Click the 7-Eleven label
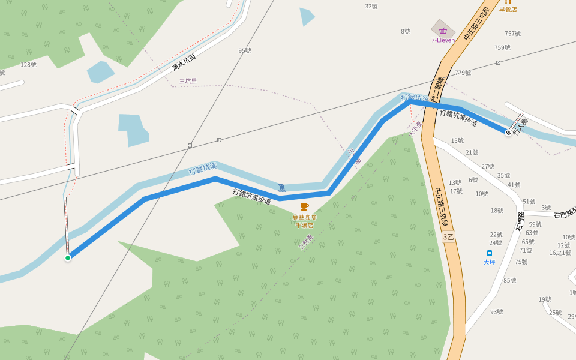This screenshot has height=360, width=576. click(x=443, y=40)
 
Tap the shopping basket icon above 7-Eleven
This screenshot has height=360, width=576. click(x=443, y=30)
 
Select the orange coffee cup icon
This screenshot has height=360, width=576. click(x=304, y=206)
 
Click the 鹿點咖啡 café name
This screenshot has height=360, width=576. click(x=304, y=217)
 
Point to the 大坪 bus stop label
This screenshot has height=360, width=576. click(x=490, y=262)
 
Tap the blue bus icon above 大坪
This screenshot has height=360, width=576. click(x=490, y=253)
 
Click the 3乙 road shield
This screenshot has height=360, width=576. click(x=448, y=237)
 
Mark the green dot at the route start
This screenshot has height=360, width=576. click(x=68, y=258)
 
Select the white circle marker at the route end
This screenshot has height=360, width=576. click(x=508, y=133)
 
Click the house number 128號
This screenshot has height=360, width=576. click(x=29, y=65)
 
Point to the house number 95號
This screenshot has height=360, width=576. click(x=244, y=51)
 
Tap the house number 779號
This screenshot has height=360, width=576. click(x=463, y=73)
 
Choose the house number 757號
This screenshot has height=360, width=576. click(x=512, y=34)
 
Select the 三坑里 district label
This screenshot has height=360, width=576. click(x=188, y=81)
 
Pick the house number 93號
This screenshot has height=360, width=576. click(x=496, y=312)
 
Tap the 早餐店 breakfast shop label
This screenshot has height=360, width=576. click(x=508, y=9)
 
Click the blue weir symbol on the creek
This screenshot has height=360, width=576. click(x=281, y=188)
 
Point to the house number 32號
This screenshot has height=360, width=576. click(x=371, y=7)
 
